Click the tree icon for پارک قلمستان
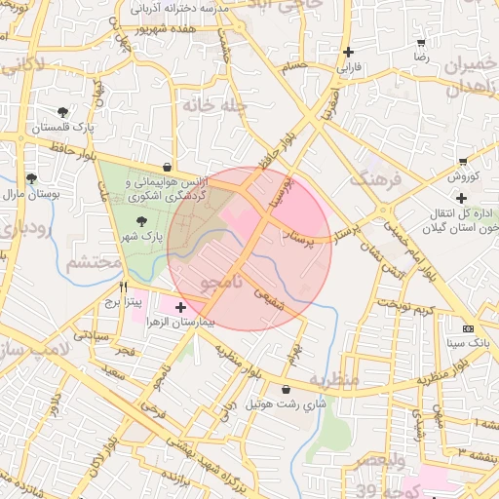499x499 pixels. (x=63, y=112)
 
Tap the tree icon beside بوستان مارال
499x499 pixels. (x=31, y=178)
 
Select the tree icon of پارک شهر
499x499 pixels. (x=142, y=221)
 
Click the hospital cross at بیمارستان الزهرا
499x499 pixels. (x=179, y=307)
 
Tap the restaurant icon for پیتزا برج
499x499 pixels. (x=123, y=287)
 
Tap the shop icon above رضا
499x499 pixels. (x=421, y=43)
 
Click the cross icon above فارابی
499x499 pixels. (x=348, y=53)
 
